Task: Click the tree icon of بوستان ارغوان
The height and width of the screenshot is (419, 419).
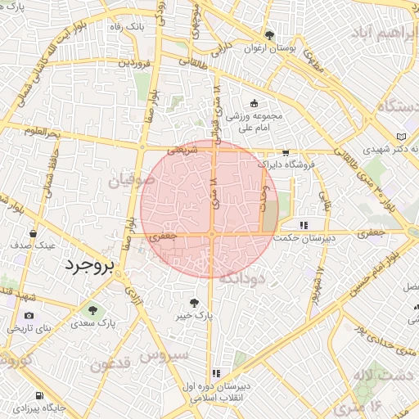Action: [269, 35]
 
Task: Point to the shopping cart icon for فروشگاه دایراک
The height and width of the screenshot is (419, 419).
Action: [285, 152]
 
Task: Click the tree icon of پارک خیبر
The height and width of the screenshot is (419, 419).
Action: [194, 301]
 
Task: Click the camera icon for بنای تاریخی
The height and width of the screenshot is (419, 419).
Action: [29, 315]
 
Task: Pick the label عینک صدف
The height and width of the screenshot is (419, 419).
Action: [33, 245]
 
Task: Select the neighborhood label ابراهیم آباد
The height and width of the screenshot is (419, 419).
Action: [385, 32]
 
